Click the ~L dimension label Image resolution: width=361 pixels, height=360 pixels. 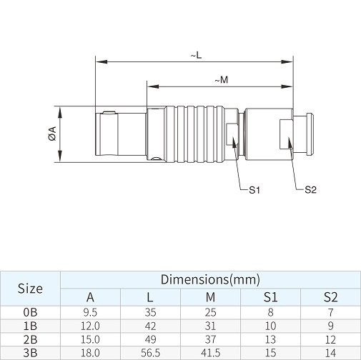tap(196, 56)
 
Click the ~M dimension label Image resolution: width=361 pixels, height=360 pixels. tap(222, 80)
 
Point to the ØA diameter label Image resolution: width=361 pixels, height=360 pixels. tap(52, 134)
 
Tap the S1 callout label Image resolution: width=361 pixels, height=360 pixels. tap(254, 190)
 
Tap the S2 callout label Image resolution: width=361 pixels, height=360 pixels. tap(310, 190)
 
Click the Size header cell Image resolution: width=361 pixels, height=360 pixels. tap(30, 289)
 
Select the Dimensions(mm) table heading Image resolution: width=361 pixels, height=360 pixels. tap(210, 279)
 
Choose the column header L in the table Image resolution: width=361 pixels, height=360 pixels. tap(150, 297)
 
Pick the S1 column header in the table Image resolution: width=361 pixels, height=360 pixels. tap(270, 297)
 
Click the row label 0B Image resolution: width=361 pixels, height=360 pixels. tap(30, 312)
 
